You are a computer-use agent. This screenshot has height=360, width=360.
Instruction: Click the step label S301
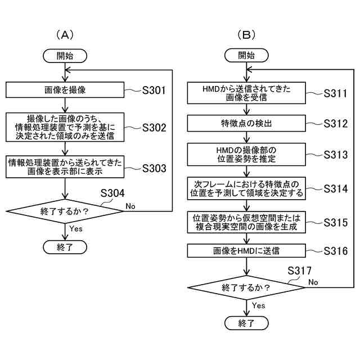154,90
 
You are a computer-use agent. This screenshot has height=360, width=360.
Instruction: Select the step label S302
154,128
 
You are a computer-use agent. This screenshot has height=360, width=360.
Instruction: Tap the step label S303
154,168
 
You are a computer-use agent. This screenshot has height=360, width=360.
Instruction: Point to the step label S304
112,193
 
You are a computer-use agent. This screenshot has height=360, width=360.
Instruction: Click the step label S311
335,93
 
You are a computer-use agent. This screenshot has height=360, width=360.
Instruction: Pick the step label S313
335,155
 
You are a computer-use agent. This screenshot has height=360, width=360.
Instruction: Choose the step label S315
335,223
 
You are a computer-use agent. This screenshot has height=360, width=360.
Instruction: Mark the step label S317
299,271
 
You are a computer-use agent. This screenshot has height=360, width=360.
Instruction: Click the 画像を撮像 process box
65,90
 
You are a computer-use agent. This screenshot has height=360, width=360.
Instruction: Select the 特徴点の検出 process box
246,123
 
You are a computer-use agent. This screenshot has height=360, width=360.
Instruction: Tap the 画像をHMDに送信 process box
246,250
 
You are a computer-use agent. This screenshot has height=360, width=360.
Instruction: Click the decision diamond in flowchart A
65,211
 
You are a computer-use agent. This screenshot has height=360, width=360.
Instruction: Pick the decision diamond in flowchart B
246,287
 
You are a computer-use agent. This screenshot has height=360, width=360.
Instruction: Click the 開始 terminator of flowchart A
65,56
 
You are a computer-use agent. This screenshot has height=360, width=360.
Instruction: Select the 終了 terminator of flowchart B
246,323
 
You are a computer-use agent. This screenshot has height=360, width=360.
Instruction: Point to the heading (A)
65,35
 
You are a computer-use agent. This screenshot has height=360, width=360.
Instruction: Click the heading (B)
246,35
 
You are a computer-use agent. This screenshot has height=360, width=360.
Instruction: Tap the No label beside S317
313,282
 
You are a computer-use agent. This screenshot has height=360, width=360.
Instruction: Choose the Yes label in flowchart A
76,229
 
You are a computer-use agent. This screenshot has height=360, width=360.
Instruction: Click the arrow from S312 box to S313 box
246,137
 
